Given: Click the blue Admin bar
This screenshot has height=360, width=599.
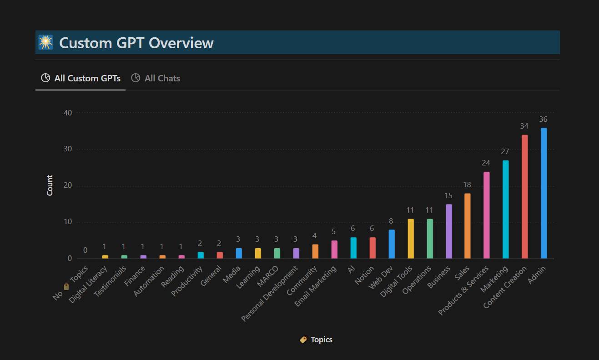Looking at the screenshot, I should [544, 193].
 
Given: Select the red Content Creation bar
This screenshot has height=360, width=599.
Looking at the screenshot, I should [524, 197].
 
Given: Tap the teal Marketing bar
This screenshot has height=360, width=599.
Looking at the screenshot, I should [505, 210].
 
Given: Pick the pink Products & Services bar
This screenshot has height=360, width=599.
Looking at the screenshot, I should [486, 215].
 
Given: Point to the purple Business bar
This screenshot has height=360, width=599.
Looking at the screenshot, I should [448, 231].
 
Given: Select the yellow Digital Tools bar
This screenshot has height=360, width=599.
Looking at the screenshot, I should [410, 239].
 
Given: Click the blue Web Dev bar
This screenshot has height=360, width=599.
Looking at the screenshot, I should [391, 244].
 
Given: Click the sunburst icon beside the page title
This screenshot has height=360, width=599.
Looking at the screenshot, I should [45, 42].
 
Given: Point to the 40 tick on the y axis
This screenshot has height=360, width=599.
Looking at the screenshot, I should [68, 113].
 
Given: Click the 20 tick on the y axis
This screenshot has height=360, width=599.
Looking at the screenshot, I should [68, 185].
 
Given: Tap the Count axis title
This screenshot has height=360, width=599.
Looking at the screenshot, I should [50, 185].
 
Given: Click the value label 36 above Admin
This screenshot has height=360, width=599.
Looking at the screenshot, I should [543, 120].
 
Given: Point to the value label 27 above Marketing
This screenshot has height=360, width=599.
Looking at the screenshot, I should [505, 151].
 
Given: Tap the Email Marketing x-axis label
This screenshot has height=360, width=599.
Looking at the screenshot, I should [316, 286].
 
